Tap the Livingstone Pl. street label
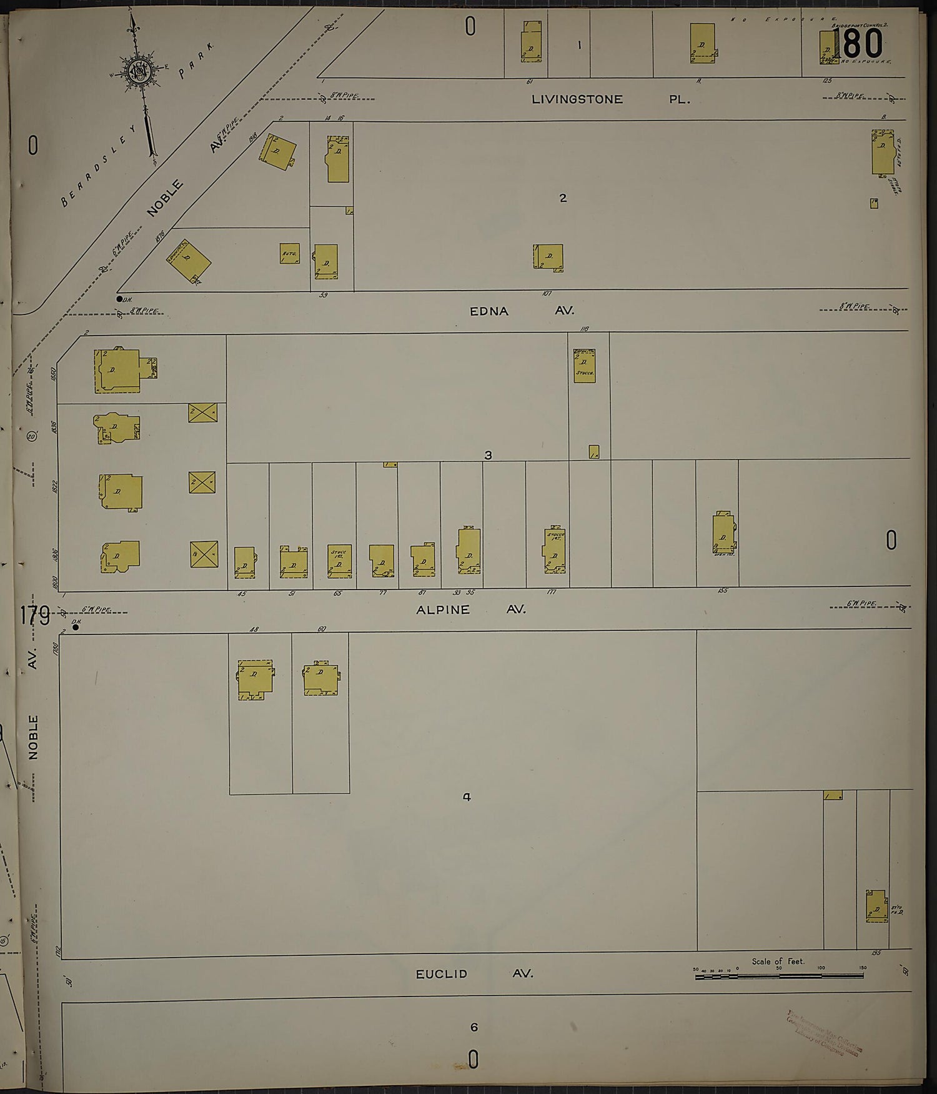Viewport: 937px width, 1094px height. tap(610, 99)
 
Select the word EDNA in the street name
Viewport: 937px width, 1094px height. tap(489, 311)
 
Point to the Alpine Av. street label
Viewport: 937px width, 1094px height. tap(470, 609)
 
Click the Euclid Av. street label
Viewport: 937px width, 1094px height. tap(474, 973)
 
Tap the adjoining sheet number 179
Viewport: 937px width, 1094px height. tap(34, 616)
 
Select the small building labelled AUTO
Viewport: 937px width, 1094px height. tap(289, 253)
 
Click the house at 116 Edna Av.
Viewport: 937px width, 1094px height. tap(584, 366)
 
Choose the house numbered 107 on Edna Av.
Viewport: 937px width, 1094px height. tap(548, 257)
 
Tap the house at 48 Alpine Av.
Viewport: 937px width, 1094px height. tap(255, 678)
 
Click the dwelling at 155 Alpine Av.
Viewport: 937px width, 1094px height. tap(723, 533)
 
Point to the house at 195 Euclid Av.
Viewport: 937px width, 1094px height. tap(876, 906)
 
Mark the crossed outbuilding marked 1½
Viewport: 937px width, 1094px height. tap(204, 555)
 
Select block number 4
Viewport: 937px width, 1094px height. tap(467, 797)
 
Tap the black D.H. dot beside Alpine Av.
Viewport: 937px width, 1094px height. tap(76, 626)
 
